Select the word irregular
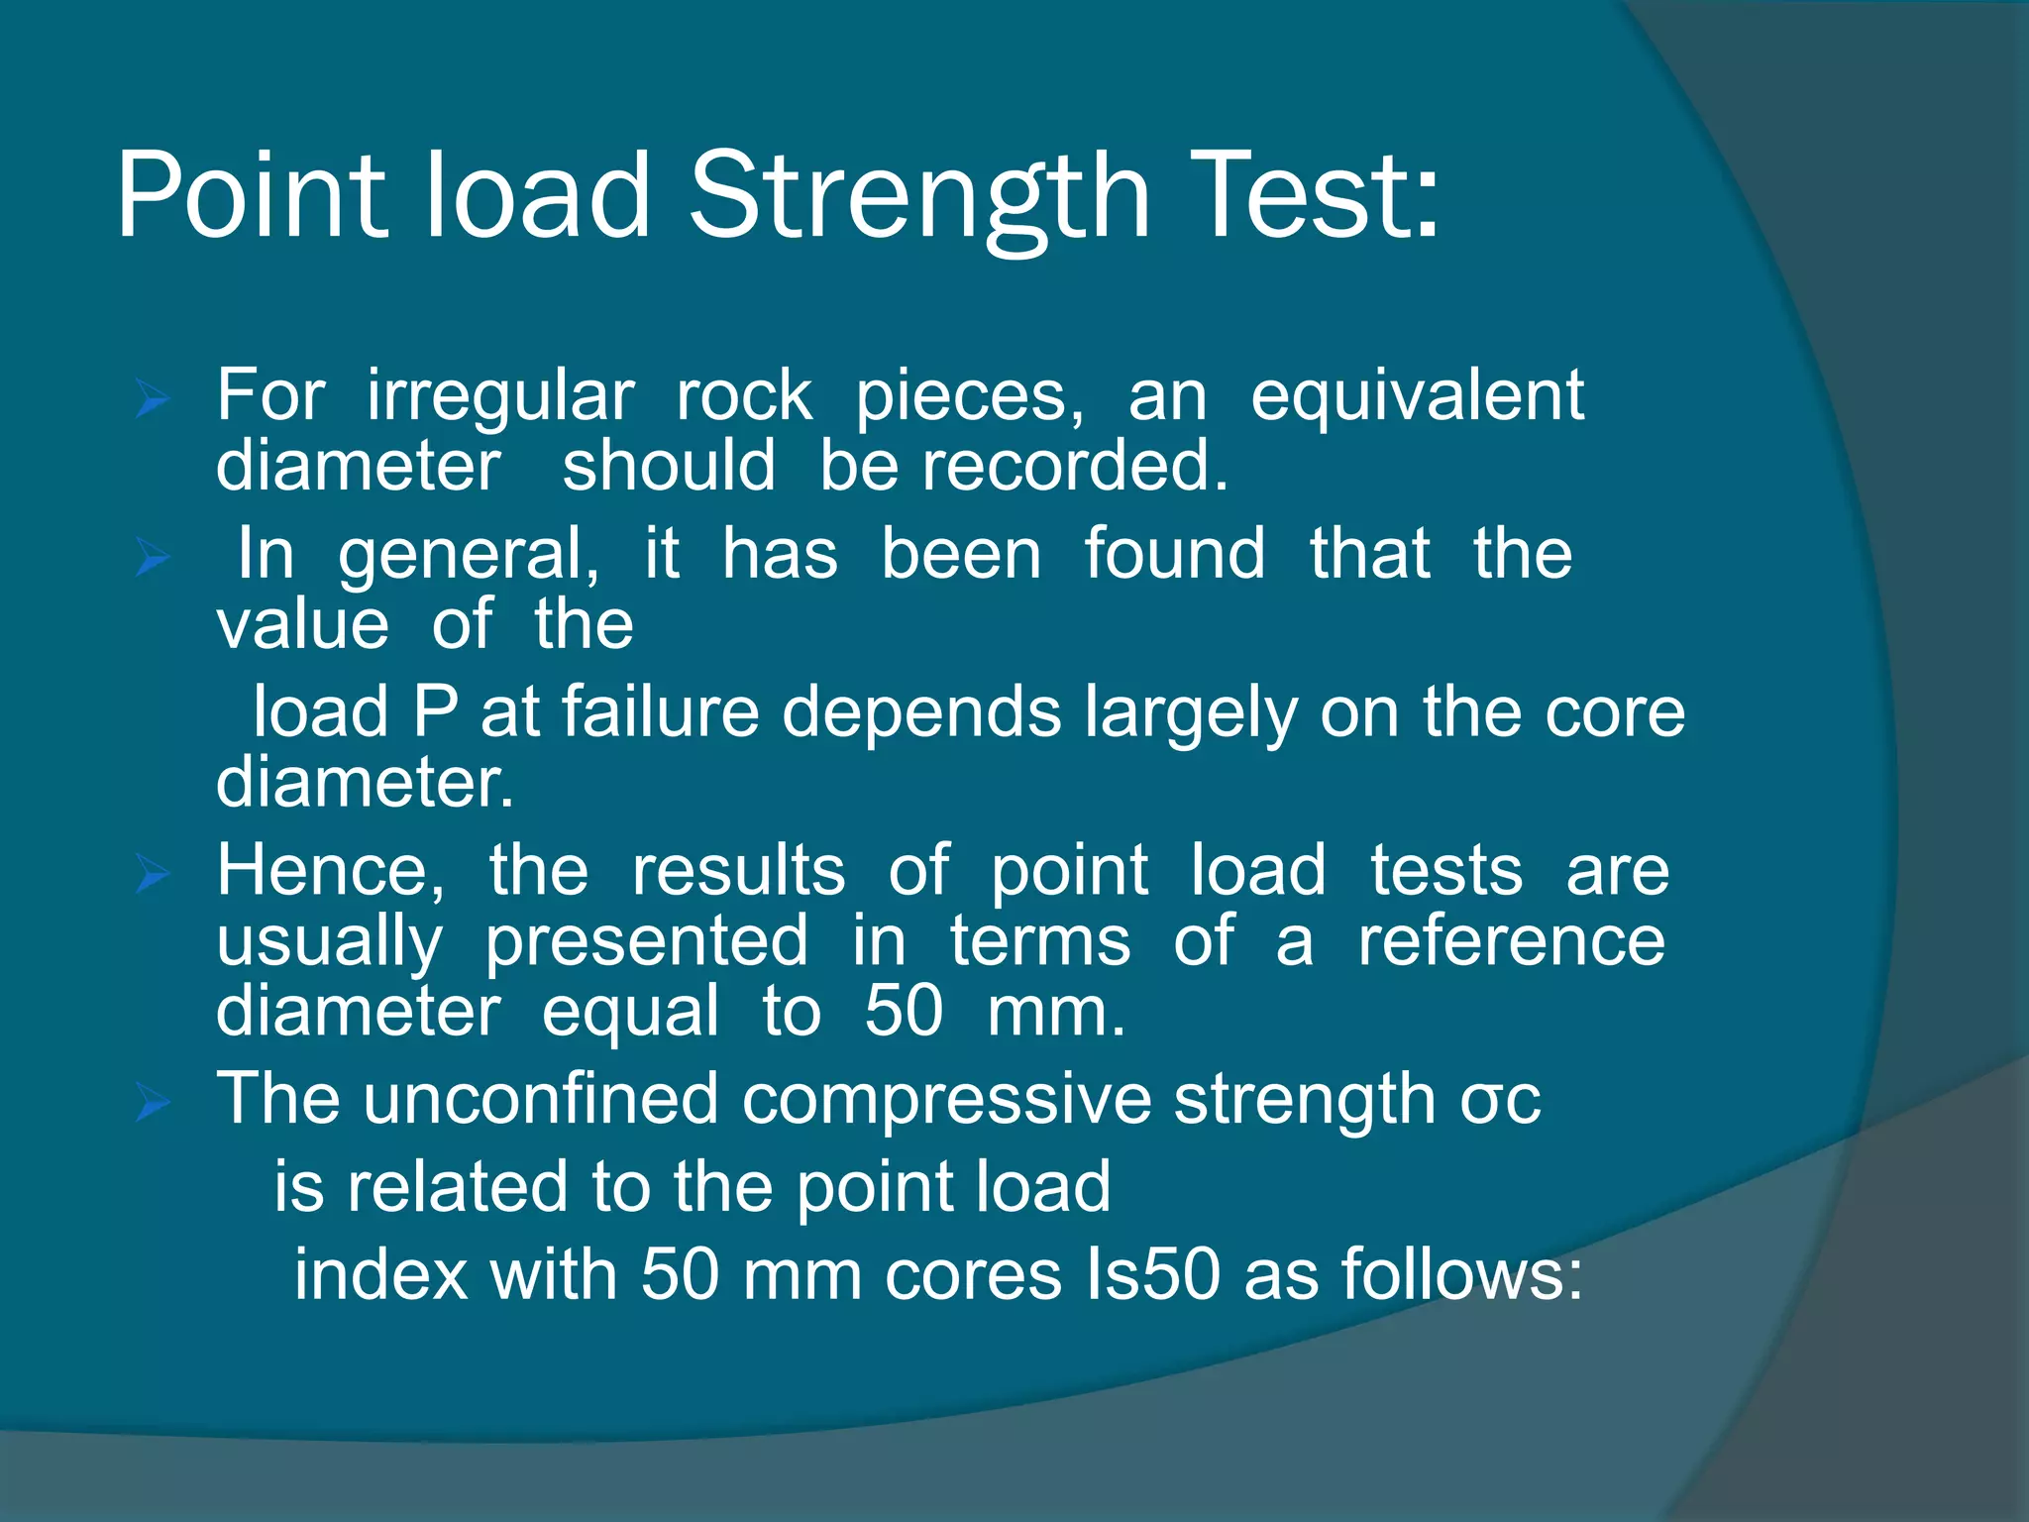500,397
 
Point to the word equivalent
1417,395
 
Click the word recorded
1075,466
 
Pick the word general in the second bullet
468,555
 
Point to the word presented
646,941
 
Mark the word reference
1511,941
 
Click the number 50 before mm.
903,1012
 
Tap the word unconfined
540,1099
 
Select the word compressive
946,1101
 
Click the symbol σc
1500,1101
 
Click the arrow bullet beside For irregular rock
154,401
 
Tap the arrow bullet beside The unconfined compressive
154,1102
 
